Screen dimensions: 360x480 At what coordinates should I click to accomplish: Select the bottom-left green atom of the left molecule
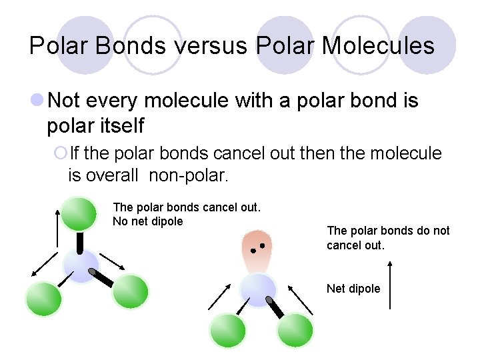point(43,299)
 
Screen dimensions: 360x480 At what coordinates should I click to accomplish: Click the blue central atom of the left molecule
point(81,265)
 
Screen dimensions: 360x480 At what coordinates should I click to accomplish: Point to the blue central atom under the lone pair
point(257,290)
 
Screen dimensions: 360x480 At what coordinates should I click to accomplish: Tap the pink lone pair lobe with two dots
point(257,249)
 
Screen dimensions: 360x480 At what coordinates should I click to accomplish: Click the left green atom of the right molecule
point(228,331)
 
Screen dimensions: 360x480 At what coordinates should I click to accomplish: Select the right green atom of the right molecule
point(295,330)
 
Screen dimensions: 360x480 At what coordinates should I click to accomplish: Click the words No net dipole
point(148,221)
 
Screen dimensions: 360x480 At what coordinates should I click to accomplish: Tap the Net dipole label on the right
point(353,289)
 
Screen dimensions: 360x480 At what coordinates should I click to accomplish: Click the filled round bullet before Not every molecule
point(37,101)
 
